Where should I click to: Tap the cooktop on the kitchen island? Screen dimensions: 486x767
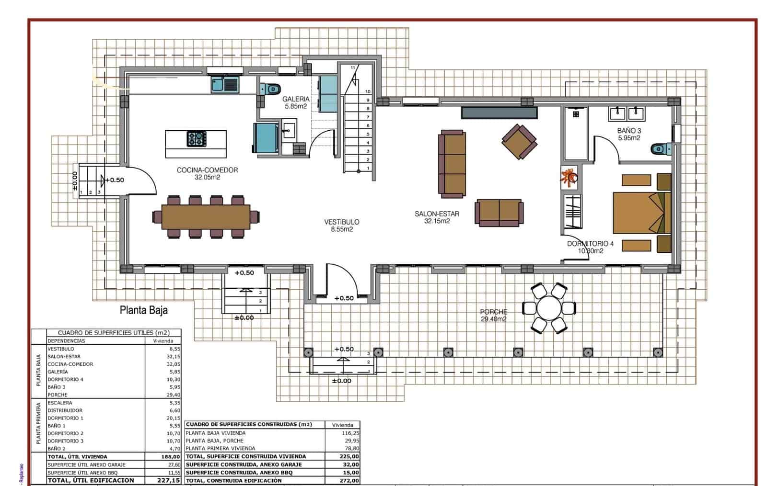[x=197, y=139]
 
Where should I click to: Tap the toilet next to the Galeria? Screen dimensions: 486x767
[x=270, y=89]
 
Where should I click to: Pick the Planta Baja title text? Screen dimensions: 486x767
[x=143, y=310]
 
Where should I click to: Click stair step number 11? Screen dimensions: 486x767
[x=353, y=68]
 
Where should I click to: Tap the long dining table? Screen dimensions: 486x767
[x=206, y=216]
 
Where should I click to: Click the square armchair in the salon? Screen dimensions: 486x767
[x=519, y=142]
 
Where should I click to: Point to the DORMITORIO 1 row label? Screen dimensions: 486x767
[x=65, y=418]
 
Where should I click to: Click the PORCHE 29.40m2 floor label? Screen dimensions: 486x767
[x=493, y=315]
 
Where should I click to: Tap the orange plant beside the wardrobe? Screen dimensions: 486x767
[x=569, y=177]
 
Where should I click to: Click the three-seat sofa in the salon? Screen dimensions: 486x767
[x=452, y=164]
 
